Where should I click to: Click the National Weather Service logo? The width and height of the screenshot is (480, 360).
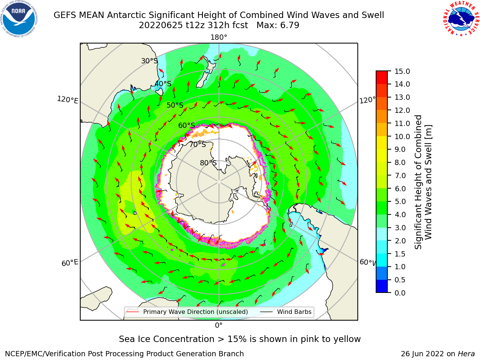point(461,19)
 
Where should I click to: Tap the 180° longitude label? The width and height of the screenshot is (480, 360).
point(219,37)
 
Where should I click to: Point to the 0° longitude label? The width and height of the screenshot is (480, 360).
point(219,325)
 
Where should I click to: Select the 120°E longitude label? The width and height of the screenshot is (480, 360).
point(67,100)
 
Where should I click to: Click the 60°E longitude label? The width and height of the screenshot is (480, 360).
point(70,263)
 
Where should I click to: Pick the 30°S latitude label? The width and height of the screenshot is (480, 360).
point(149,61)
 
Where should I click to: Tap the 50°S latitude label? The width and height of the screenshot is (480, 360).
point(175,105)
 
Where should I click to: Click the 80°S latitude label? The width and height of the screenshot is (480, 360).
point(208,163)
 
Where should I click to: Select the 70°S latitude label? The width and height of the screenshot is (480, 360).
point(198,144)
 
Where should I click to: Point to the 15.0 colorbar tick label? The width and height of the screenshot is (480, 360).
point(402,71)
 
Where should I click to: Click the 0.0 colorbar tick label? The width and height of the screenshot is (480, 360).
point(400,293)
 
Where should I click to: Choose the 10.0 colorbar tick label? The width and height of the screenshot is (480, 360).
point(402,136)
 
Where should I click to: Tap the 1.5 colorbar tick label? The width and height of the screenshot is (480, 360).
point(400,254)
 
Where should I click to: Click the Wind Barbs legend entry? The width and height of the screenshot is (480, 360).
point(286,312)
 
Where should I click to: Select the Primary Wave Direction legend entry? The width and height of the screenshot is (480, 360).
point(187,312)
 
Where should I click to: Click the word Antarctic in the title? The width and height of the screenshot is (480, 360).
point(126,15)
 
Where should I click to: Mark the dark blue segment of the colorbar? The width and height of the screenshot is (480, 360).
point(382,286)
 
